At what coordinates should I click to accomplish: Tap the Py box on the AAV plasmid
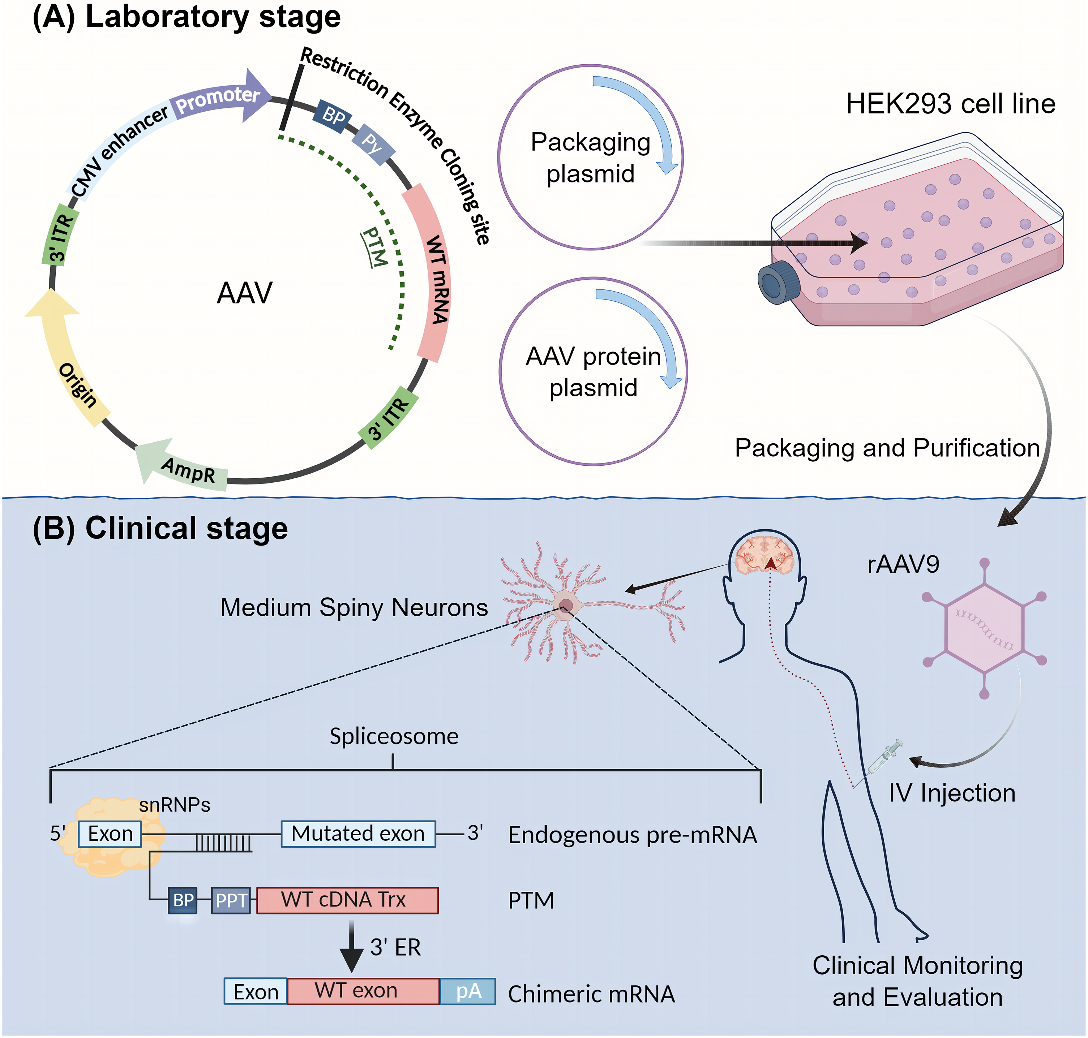373,144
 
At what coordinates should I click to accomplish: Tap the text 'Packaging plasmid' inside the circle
590,158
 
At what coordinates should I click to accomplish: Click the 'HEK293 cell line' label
951,104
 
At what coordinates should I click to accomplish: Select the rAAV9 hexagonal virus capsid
984,629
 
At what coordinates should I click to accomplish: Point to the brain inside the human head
764,556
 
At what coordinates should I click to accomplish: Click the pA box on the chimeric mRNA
468,991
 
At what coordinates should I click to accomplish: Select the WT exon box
363,991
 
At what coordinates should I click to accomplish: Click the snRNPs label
175,805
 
